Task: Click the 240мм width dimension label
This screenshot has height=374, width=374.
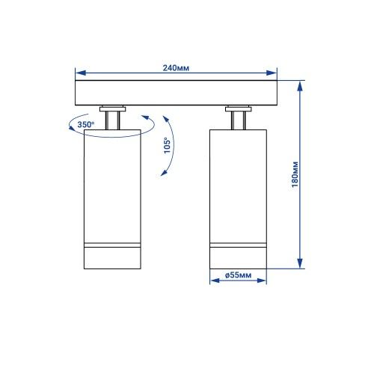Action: pyautogui.click(x=176, y=68)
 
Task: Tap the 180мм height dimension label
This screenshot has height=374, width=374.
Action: pyautogui.click(x=295, y=174)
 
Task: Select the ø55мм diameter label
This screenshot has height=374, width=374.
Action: pyautogui.click(x=238, y=275)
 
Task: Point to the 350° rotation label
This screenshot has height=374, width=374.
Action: pyautogui.click(x=86, y=124)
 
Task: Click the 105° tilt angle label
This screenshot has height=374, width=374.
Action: pyautogui.click(x=167, y=146)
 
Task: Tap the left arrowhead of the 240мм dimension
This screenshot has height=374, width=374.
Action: pyautogui.click(x=80, y=73)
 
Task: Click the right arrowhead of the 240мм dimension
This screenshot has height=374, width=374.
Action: pyautogui.click(x=272, y=73)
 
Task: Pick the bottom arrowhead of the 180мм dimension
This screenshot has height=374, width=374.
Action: pyautogui.click(x=300, y=263)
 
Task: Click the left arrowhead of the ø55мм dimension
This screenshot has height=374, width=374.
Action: pyautogui.click(x=215, y=280)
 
